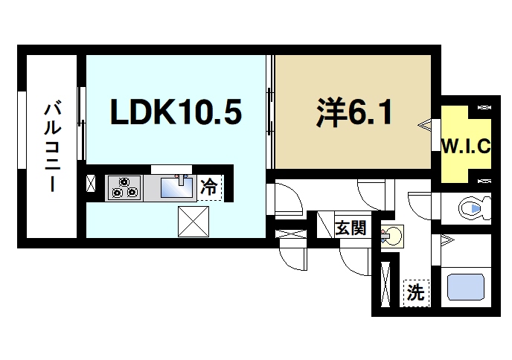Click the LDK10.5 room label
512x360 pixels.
pos(176,112)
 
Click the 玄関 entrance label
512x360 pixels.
pos(350,227)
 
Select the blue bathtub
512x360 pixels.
pos(464,287)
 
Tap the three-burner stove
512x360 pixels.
pos(124,187)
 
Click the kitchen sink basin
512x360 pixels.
pos(176,188)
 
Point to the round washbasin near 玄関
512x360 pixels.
pos(393,237)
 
